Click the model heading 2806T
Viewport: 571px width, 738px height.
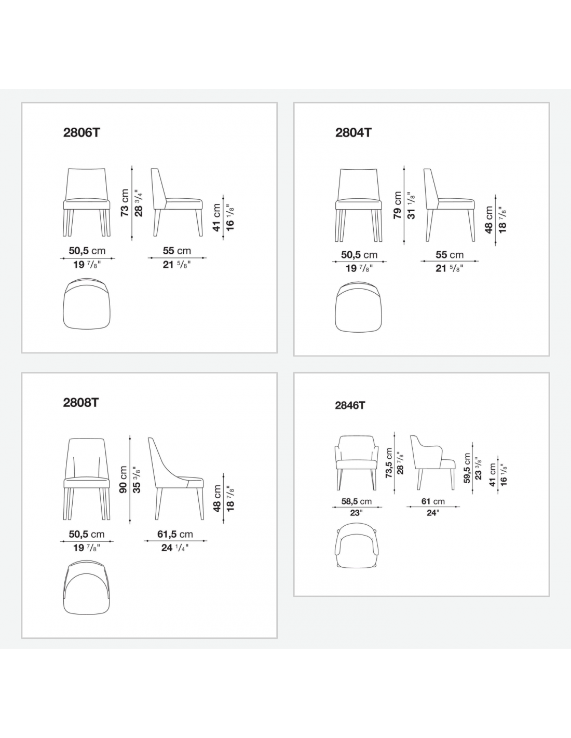(x=82, y=132)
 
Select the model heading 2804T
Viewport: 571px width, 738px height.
(x=354, y=132)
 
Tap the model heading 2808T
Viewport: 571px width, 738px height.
(x=81, y=402)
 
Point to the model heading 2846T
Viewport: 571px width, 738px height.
(x=350, y=405)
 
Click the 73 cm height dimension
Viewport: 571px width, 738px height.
(x=125, y=203)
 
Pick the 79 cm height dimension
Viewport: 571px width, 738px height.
(x=397, y=205)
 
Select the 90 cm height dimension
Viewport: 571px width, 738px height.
(x=124, y=479)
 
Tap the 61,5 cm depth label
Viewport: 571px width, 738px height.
(x=175, y=534)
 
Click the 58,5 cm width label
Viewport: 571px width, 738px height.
(x=356, y=501)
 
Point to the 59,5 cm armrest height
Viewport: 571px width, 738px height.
(x=467, y=468)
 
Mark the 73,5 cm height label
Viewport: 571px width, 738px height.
(x=389, y=463)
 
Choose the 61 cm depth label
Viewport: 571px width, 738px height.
(x=433, y=501)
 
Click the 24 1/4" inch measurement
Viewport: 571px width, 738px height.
(x=175, y=548)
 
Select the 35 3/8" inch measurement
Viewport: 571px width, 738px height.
(x=137, y=479)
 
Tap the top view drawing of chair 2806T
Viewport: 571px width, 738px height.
(x=87, y=304)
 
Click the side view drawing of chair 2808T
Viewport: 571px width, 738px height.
(x=176, y=479)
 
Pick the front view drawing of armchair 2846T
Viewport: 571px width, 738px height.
(x=356, y=462)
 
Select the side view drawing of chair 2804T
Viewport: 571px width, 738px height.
(x=450, y=205)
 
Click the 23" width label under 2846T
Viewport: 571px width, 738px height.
(x=356, y=513)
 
